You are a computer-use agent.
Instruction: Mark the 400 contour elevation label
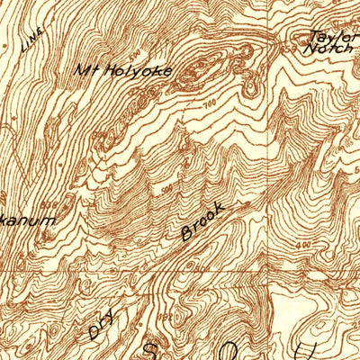[x=304, y=241]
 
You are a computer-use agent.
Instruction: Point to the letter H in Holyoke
[x=103, y=68]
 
